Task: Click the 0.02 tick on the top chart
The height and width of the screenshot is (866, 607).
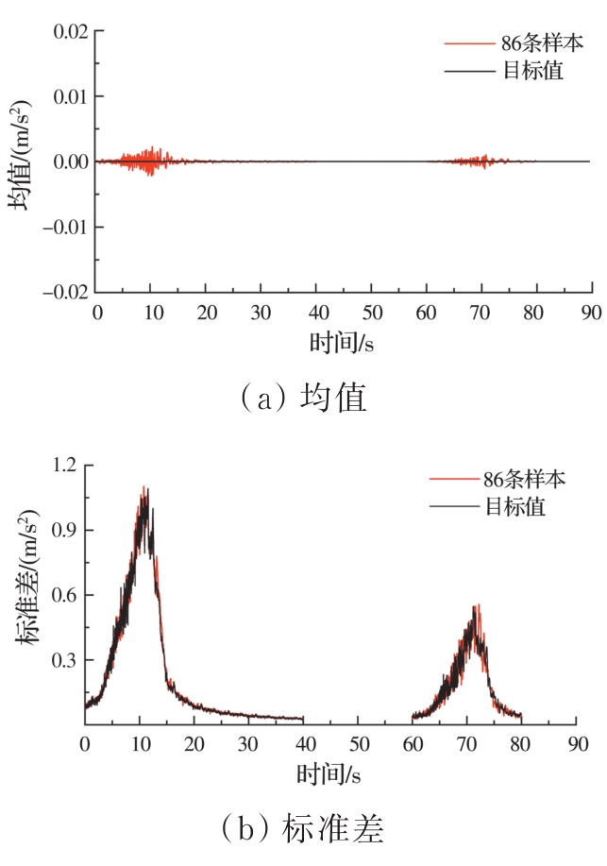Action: [x=68, y=31]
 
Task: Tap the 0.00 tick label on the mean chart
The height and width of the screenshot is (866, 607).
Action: [x=68, y=161]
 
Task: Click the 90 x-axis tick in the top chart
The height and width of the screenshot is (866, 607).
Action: [x=592, y=312]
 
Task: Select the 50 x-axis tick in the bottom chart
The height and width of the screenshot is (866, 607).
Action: [x=357, y=744]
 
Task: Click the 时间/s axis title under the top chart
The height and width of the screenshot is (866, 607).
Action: [x=342, y=341]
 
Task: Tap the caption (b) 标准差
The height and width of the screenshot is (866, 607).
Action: [x=302, y=828]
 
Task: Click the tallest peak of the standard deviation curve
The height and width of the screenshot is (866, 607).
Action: [x=143, y=489]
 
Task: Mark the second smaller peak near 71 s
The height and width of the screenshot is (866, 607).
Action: [x=478, y=607]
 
